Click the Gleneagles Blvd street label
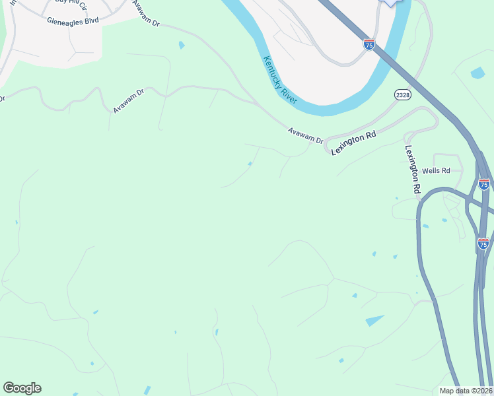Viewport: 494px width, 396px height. click(x=73, y=20)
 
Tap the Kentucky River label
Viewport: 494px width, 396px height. click(x=281, y=80)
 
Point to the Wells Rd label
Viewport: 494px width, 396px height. click(x=436, y=170)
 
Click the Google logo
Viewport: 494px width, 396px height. click(x=22, y=388)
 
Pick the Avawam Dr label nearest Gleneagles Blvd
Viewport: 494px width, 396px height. click(x=146, y=14)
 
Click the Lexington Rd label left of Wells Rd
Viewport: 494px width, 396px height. click(x=413, y=170)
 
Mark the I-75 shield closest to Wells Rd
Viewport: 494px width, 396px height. click(x=484, y=184)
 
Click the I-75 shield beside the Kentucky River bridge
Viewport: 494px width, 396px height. click(x=369, y=44)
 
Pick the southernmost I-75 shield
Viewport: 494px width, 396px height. click(x=483, y=244)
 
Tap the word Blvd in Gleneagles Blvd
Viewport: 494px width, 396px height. click(x=90, y=20)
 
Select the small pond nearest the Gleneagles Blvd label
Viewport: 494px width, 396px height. click(x=182, y=46)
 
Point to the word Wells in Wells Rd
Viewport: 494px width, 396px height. click(x=431, y=170)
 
